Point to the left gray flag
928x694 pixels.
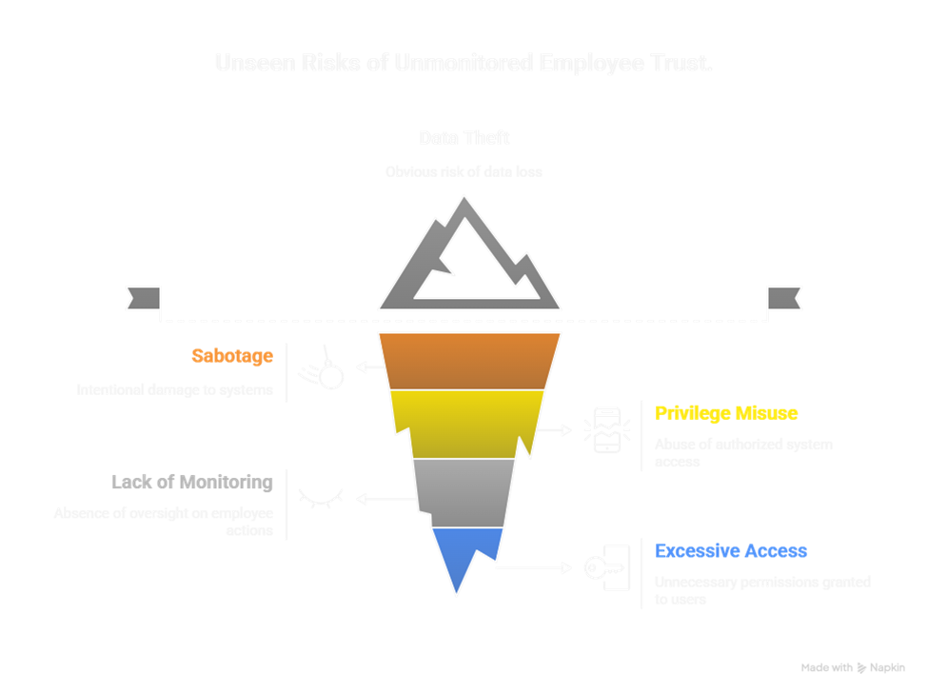point(143,298)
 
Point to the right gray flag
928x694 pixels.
point(784,298)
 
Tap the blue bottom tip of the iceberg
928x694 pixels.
point(461,557)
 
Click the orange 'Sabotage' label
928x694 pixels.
point(231,357)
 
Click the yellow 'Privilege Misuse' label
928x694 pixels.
point(726,413)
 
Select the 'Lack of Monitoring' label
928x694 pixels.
point(191,483)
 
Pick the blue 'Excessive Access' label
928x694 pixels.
point(731,551)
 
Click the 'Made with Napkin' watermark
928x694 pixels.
point(853,668)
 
